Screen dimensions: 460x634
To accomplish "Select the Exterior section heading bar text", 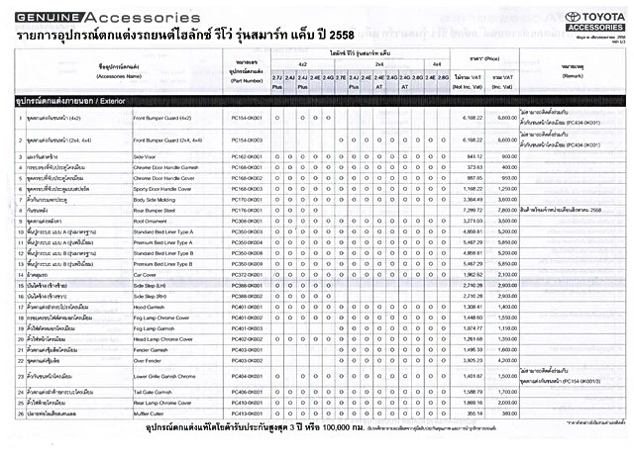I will (x=58, y=101).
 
